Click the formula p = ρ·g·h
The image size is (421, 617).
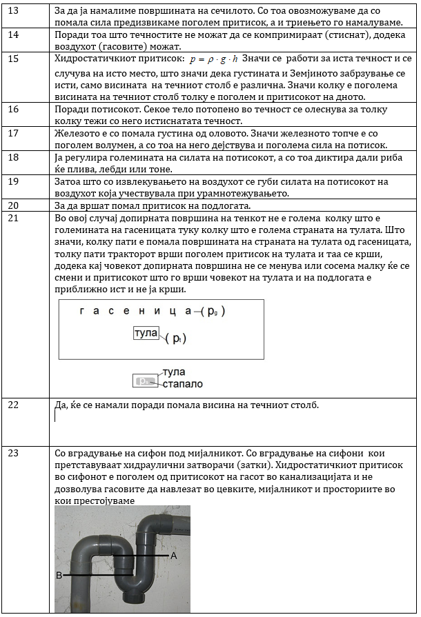[x=214, y=60]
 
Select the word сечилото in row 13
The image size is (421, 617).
[x=197, y=10]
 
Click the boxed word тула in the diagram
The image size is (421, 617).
[x=146, y=333]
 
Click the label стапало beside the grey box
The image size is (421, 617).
[x=182, y=383]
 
